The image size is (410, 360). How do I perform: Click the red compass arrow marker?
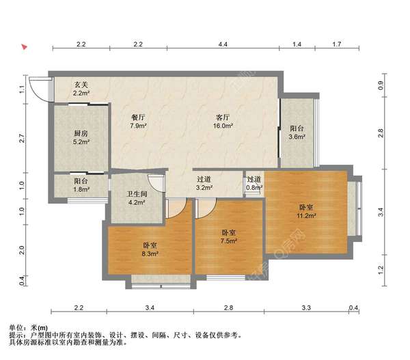25,47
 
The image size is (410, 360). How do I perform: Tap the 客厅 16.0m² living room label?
223,122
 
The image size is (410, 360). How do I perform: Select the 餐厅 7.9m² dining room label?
138,122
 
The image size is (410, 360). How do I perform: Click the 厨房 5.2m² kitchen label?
81,137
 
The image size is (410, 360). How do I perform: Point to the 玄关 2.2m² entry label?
81,88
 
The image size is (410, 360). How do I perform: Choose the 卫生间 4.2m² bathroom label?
137,198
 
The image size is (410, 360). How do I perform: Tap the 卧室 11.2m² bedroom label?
306,212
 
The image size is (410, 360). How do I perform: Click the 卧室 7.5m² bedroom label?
229,236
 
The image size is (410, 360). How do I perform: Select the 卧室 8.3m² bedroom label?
150,249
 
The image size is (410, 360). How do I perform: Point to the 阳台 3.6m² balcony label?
297,133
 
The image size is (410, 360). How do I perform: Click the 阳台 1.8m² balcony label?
81,184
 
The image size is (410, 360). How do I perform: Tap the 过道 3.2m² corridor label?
204,183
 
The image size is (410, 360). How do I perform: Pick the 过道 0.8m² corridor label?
254,183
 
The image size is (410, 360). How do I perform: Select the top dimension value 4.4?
223,44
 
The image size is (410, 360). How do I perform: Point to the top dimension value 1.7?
337,44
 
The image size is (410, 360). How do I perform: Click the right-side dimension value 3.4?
381,212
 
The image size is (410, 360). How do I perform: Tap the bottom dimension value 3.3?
306,307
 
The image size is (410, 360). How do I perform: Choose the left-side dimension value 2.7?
22,138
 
